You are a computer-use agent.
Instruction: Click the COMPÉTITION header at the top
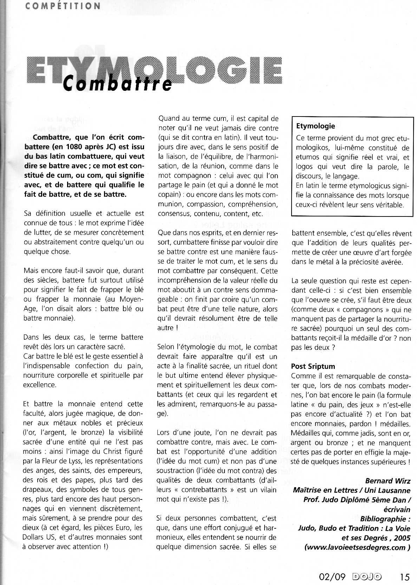(63, 6)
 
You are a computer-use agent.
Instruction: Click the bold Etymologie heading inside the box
(315, 126)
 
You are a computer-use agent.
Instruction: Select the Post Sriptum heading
(313, 366)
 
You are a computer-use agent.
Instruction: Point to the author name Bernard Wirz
(387, 480)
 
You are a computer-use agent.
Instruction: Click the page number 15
(404, 577)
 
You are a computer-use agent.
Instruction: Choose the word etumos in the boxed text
(307, 158)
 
